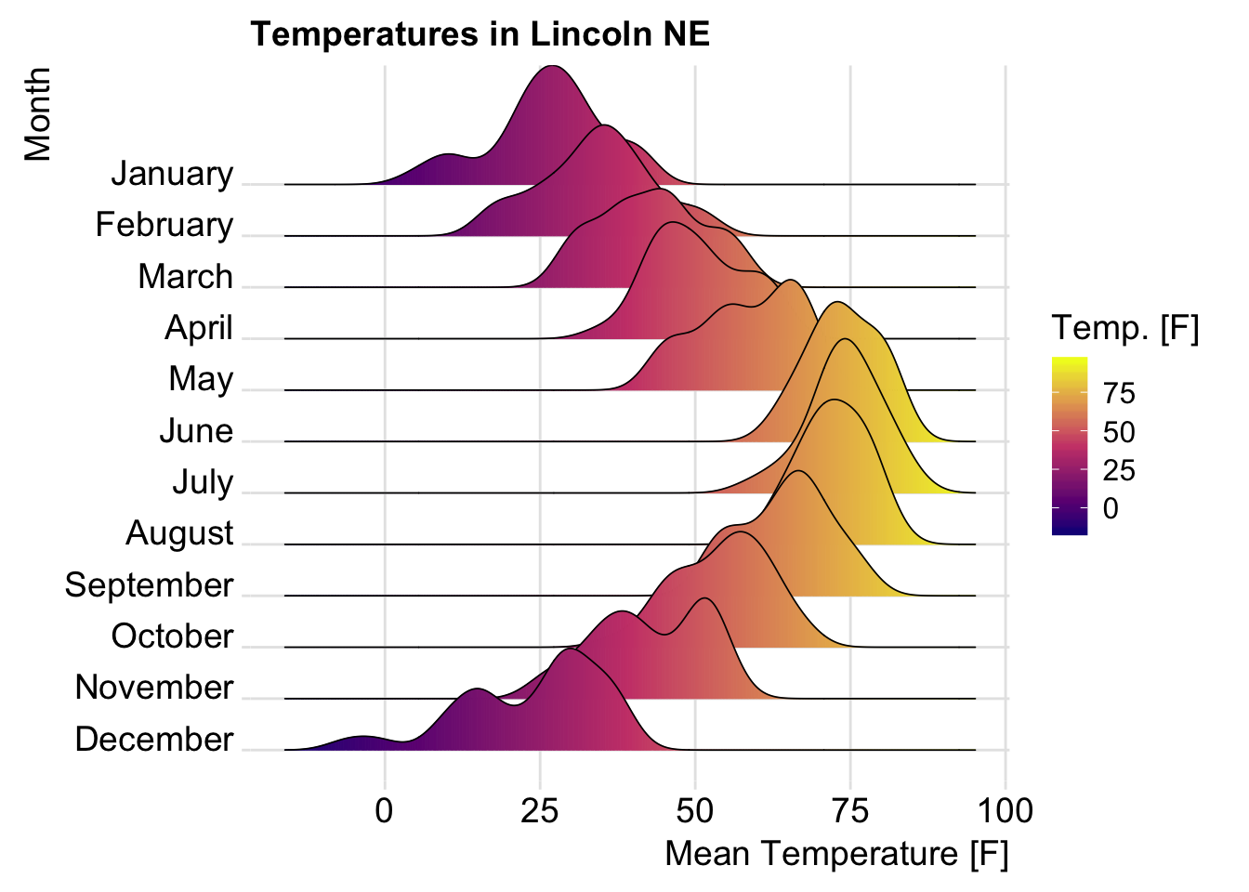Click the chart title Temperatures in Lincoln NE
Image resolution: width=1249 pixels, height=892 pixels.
(480, 34)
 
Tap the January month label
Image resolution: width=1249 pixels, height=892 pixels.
(172, 174)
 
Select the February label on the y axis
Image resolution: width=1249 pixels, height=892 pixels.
(164, 225)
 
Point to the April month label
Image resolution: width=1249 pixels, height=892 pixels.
(198, 328)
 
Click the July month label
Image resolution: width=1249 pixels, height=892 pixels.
(202, 482)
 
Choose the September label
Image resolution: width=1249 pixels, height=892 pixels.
(149, 585)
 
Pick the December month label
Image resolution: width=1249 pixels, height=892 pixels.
(153, 740)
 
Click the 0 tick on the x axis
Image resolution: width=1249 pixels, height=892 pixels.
(384, 811)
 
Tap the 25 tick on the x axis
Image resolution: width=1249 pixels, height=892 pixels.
(539, 811)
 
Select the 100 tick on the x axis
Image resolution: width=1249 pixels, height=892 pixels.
(1006, 811)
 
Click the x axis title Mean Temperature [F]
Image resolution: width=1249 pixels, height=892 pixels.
(836, 854)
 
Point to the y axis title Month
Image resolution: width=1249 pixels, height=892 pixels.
(37, 113)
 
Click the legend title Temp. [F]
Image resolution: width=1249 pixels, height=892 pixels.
(1124, 328)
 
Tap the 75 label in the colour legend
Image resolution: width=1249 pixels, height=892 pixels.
(1119, 394)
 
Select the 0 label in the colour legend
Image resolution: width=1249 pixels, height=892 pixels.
(1110, 509)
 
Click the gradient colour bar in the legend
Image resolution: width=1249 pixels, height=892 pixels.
(1070, 446)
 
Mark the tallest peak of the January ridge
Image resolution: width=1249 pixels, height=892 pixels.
(553, 67)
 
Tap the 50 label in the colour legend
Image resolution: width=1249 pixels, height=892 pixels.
(1119, 432)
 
